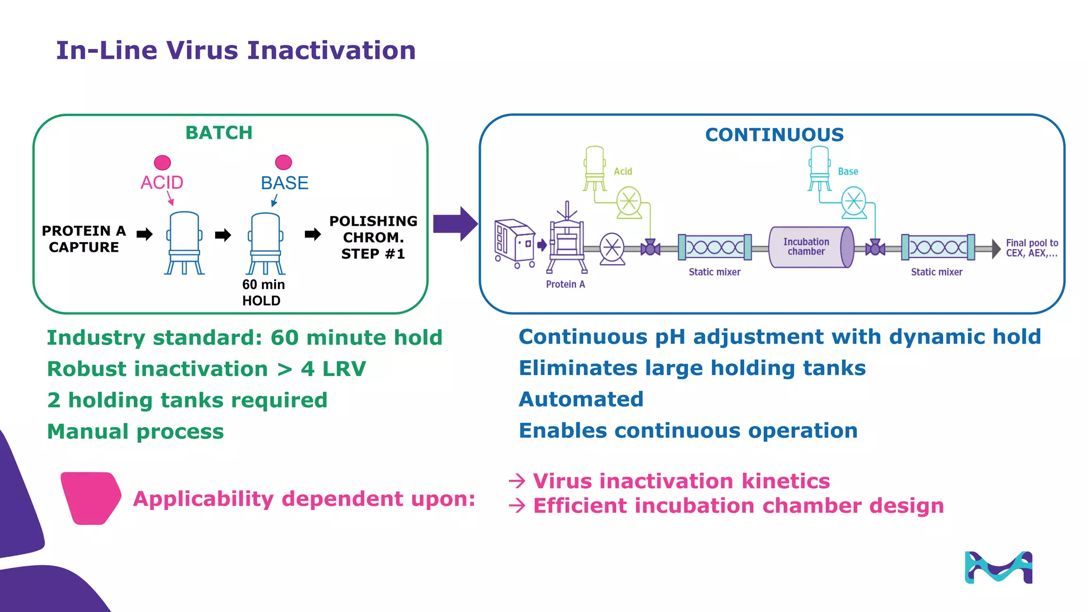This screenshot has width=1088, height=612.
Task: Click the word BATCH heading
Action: pos(219,133)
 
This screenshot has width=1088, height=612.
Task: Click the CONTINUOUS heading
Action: pos(774,135)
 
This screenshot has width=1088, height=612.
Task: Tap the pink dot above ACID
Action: pos(162,162)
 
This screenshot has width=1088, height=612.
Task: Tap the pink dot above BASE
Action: pos(283,162)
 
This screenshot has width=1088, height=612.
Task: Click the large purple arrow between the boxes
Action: pos(455,224)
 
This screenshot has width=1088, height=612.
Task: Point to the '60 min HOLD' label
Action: pos(263,293)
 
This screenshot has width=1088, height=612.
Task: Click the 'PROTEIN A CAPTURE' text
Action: pos(84,239)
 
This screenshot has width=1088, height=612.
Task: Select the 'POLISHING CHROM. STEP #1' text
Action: pos(373,237)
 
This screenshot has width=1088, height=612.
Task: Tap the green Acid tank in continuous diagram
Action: pos(594,167)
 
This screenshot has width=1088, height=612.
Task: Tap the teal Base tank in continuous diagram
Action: pos(820,167)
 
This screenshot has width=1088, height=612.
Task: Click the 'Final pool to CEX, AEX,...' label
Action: pos(1032,248)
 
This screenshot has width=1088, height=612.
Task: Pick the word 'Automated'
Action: pos(581,399)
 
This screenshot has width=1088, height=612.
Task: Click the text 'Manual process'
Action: pos(135,431)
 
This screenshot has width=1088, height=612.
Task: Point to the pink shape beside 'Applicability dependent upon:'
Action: pos(91,498)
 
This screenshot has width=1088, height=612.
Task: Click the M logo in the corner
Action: pos(998,567)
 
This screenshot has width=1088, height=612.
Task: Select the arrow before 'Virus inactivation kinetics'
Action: pos(516,481)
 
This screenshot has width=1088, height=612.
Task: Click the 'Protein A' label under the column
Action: pos(565,284)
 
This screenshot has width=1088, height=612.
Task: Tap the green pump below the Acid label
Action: pos(629,202)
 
